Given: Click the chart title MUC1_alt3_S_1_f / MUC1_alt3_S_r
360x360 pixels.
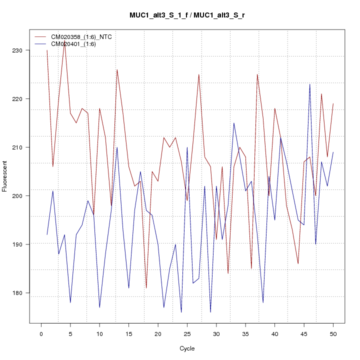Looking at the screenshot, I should (x=187, y=15).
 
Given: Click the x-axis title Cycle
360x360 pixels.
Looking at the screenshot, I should (x=187, y=348).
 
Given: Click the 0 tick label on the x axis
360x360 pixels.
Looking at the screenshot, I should (x=41, y=333).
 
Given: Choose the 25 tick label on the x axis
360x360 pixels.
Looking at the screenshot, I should (x=187, y=333).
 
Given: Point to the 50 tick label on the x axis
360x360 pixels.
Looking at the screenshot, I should (x=333, y=333).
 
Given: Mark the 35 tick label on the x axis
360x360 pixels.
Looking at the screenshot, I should (x=245, y=333).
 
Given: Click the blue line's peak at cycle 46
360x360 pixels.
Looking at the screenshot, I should (x=309, y=84).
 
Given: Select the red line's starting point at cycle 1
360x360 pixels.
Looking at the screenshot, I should (x=47, y=50).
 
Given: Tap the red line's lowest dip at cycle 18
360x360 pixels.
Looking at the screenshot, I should (x=146, y=287).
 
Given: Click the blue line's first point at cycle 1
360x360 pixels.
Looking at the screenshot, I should (x=47, y=234).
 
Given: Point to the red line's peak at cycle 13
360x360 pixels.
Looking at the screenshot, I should (x=117, y=69).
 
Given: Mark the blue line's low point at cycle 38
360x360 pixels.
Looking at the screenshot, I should (x=263, y=302).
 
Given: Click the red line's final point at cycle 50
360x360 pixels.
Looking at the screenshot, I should (x=333, y=103).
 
